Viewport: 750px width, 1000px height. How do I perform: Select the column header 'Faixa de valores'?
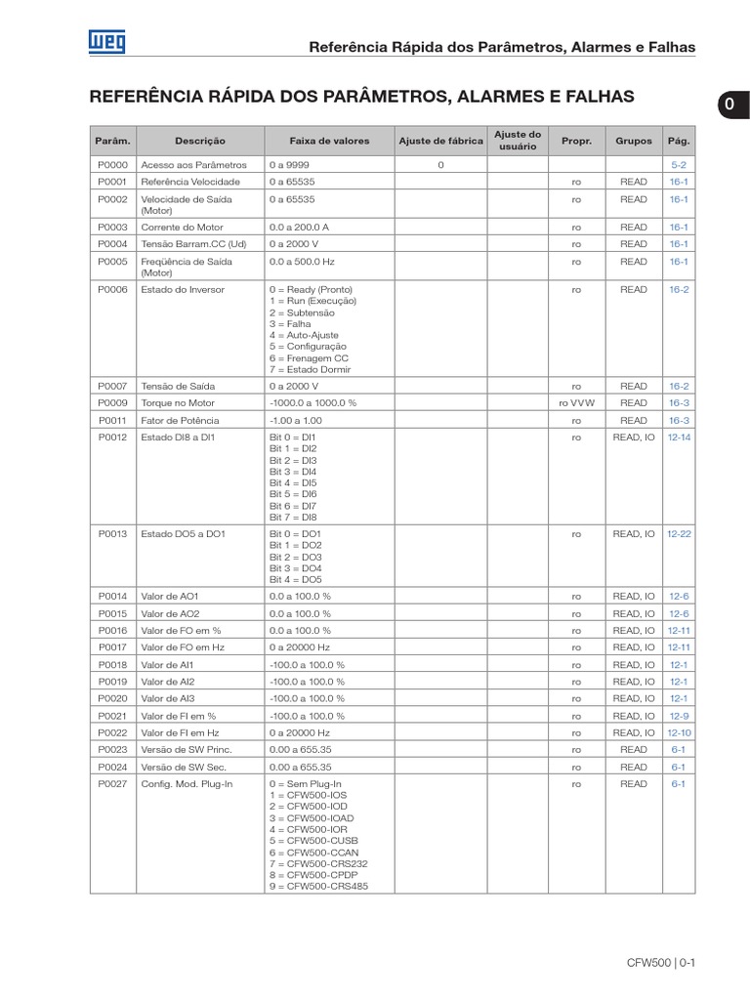pos(329,141)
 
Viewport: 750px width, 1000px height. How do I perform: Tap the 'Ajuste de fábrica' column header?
pos(440,141)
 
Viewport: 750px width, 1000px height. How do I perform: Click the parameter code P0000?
pos(112,165)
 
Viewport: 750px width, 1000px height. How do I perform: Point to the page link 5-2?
pos(679,165)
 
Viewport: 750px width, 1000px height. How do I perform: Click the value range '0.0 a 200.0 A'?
pos(300,227)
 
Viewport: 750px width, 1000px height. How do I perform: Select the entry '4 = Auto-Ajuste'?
pos(304,335)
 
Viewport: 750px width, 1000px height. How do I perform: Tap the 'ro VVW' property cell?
pos(576,402)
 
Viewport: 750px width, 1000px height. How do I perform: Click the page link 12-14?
pos(679,437)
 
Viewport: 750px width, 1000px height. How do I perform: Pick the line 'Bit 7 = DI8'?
pos(293,518)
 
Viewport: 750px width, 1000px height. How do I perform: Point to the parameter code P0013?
pos(112,534)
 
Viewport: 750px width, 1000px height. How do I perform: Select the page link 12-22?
pos(679,534)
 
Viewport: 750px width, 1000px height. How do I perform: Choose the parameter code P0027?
pos(112,784)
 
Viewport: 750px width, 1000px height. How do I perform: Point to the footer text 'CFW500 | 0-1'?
pos(660,963)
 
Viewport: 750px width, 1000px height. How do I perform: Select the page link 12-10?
pos(679,732)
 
